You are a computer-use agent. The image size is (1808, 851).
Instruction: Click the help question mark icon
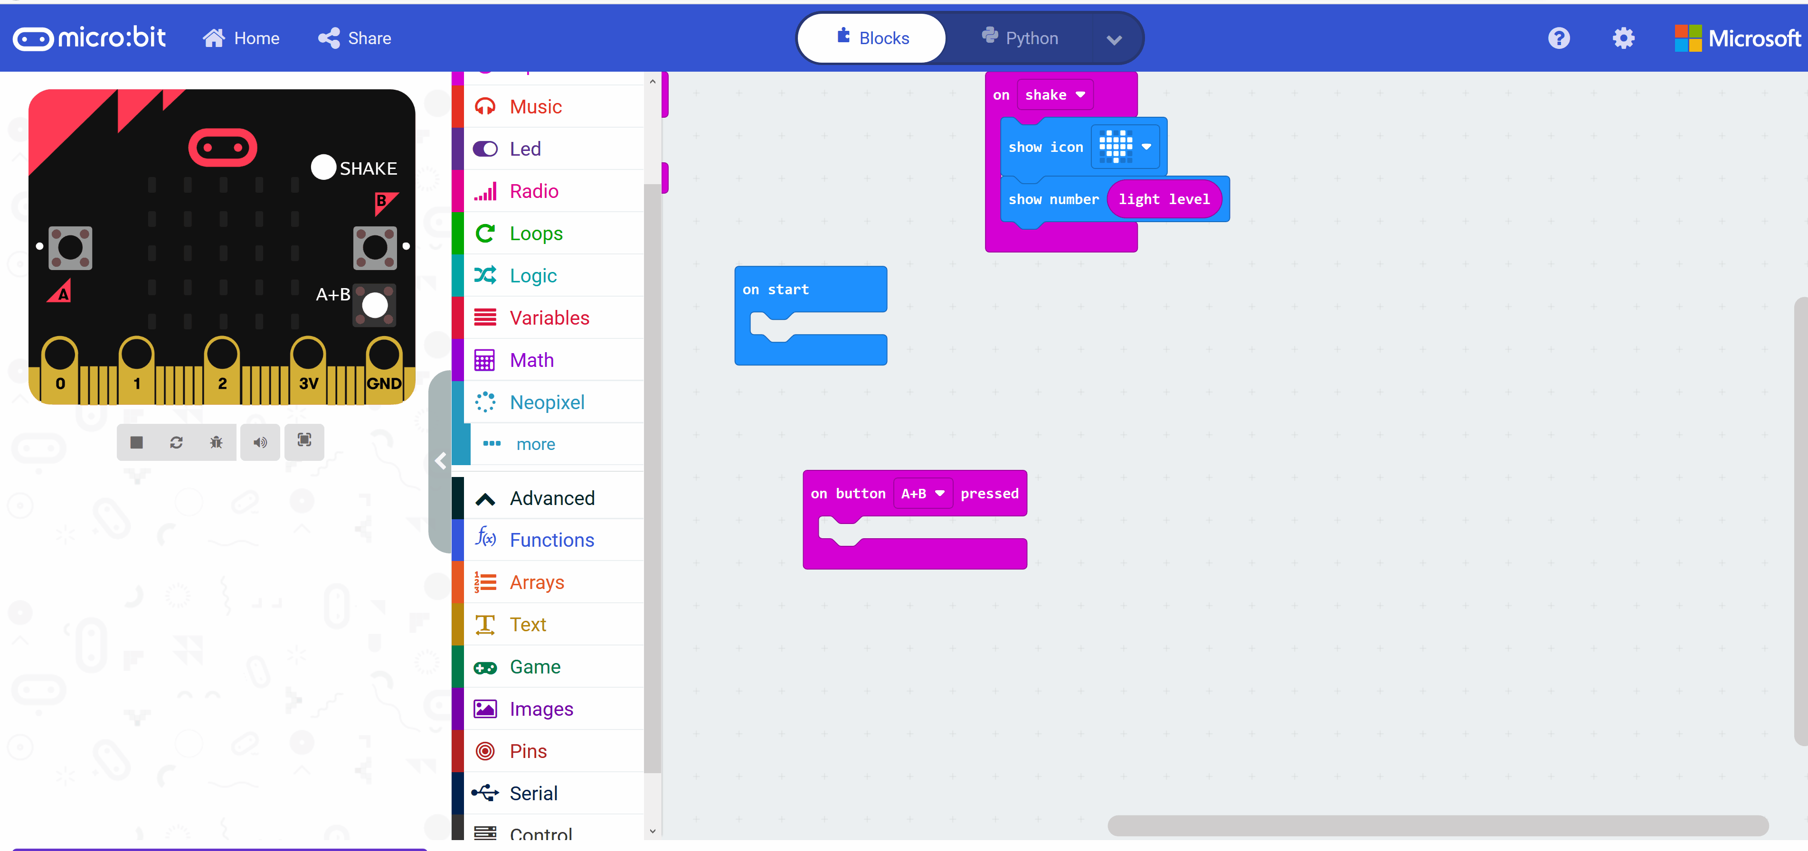coord(1559,38)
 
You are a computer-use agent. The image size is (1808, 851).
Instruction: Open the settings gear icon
coord(1623,38)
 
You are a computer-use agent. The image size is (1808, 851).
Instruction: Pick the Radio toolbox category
coord(533,191)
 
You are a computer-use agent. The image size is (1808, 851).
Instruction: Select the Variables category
coord(549,318)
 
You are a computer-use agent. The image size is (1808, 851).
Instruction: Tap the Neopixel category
coord(547,402)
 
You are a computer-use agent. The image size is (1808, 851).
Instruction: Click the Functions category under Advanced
coord(552,540)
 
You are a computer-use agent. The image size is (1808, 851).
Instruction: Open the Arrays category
coord(536,582)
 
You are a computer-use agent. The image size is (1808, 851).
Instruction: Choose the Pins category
coord(528,751)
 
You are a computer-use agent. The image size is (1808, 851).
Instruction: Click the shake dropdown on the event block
coord(1054,95)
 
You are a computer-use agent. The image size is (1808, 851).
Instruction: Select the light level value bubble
coord(1164,199)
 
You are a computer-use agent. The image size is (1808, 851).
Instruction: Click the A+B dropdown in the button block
coord(922,493)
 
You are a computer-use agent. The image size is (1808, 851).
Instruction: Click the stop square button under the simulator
coord(137,442)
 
